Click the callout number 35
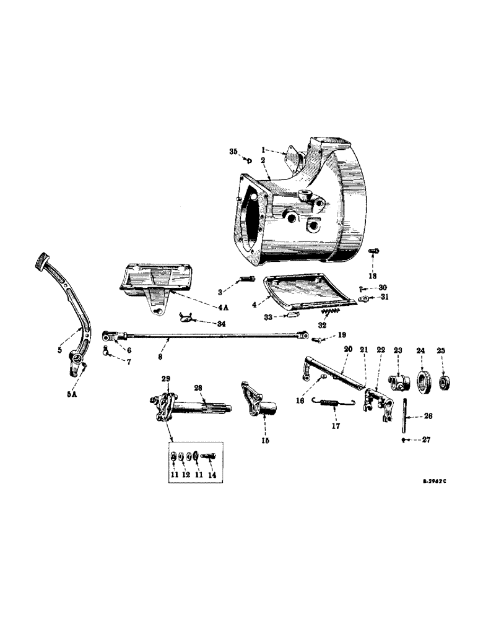click(x=233, y=152)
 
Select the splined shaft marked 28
click(x=204, y=408)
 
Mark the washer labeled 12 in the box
click(x=185, y=457)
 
